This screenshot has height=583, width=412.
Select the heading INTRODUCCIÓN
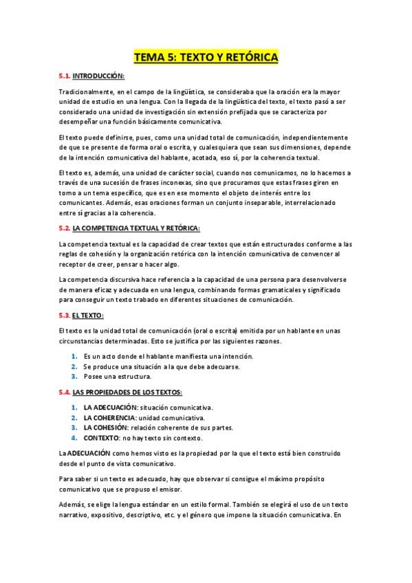(98, 76)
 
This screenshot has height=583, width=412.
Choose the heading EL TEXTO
(88, 316)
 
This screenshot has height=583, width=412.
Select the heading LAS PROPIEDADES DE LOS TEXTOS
(127, 392)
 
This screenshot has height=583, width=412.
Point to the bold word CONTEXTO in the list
(100, 438)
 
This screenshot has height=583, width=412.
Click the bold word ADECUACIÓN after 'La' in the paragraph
(89, 454)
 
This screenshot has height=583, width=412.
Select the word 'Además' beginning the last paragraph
(72, 503)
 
